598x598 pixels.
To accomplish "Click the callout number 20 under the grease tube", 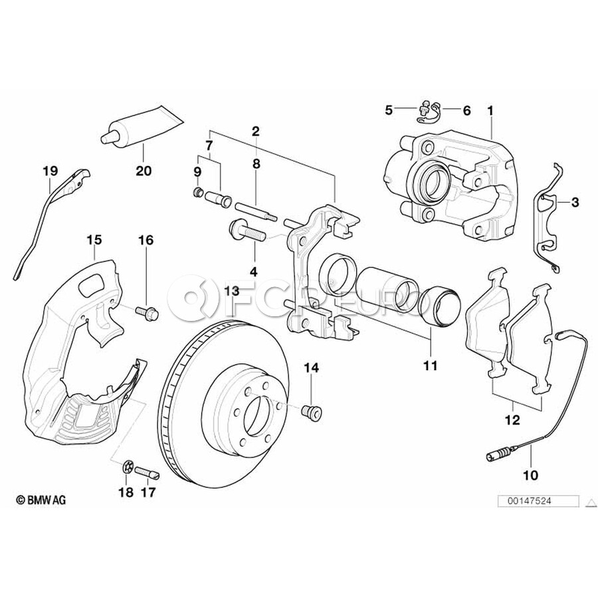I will coord(143,171).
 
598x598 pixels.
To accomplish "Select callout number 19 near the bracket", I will coord(50,171).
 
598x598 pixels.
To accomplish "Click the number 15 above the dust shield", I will coord(94,238).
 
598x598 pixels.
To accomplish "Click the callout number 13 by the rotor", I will coord(231,290).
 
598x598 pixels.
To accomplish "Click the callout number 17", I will coord(148,492).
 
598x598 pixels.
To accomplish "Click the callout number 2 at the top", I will coord(255,131).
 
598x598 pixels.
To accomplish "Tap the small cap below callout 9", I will coord(197,193).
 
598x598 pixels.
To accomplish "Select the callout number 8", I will coord(256,161).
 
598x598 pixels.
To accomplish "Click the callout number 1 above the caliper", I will coord(490,110).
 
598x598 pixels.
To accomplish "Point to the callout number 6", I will coord(466,110).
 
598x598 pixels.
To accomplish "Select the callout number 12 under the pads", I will coord(513,419).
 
